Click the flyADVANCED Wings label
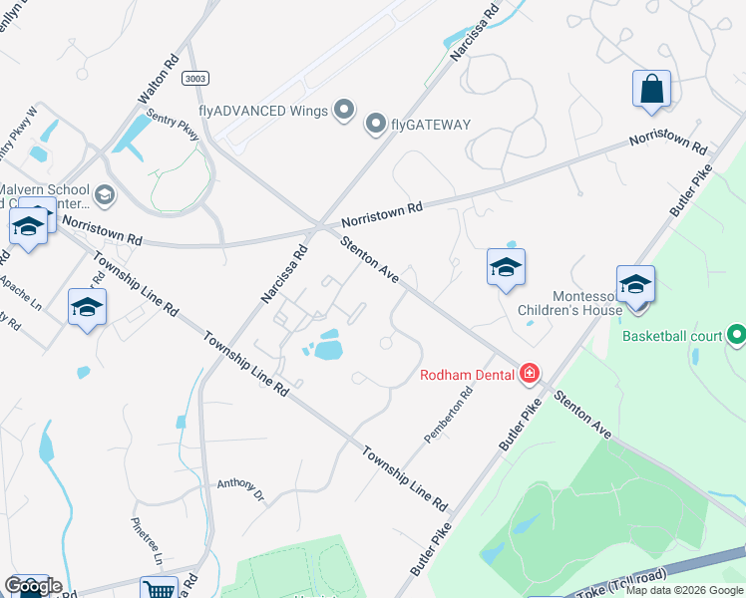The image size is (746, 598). click(263, 110)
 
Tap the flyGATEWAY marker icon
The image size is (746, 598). click(376, 124)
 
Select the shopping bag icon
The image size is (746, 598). click(651, 88)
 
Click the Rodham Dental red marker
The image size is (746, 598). click(530, 375)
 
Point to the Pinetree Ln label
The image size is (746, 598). click(146, 540)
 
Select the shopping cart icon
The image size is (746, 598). click(158, 589)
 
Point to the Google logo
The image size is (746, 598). click(32, 586)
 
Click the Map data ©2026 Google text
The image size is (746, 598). click(684, 590)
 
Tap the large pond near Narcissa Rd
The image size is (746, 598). click(328, 350)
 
